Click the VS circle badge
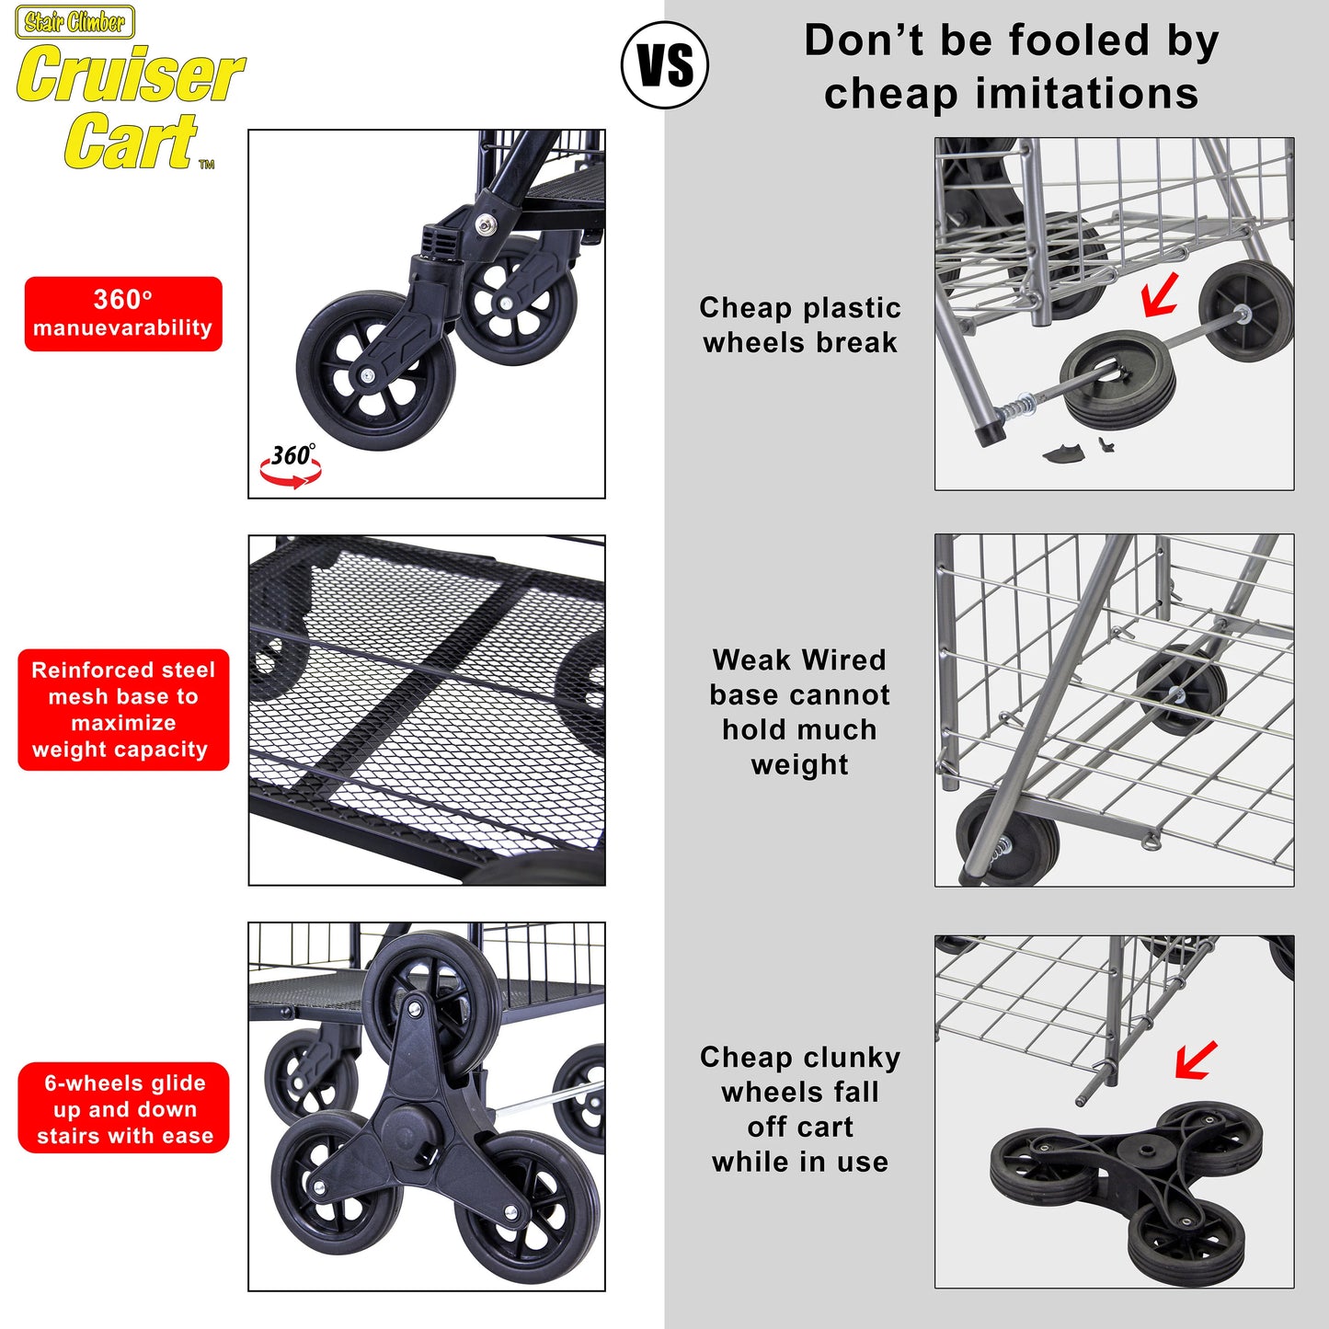664,64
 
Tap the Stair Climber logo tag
75,22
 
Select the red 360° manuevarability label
123,314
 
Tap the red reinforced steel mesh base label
123,709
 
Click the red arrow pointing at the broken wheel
1160,295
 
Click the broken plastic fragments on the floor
1077,450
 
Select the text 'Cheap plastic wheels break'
800,325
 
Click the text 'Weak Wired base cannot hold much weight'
800,713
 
